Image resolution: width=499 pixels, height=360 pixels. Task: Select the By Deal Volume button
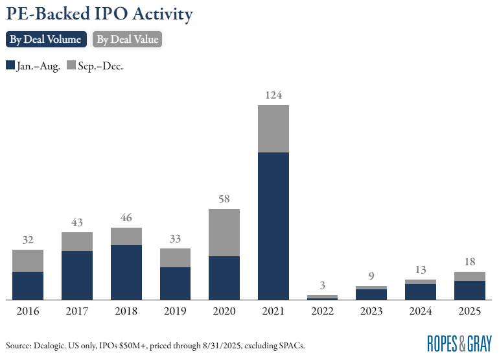pos(45,40)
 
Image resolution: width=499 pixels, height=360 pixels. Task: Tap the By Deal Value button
pos(126,40)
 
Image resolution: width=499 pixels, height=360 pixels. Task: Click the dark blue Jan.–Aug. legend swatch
pos(10,66)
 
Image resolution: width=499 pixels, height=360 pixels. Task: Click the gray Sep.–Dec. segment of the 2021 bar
pos(273,128)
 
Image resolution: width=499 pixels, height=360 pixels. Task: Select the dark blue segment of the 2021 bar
pos(273,226)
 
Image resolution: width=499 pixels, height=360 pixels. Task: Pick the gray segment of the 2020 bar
pos(224,232)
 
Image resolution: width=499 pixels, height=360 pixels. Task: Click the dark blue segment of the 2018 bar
pos(126,272)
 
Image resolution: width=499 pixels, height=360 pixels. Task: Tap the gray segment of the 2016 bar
pos(28,261)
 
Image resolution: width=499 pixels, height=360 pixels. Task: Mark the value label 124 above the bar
pos(273,95)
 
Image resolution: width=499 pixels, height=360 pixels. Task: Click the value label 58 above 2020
pos(224,199)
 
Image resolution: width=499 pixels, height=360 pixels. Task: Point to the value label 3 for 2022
pos(322,285)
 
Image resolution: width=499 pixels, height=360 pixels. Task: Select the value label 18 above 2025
pos(470,262)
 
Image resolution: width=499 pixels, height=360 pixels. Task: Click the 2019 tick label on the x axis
pos(175,311)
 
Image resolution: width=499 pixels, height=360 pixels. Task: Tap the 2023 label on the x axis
pos(371,311)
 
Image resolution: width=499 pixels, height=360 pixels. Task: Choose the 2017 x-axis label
pos(77,311)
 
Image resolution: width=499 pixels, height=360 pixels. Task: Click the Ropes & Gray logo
pos(459,343)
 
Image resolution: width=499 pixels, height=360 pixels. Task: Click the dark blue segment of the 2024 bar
pos(421,292)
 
